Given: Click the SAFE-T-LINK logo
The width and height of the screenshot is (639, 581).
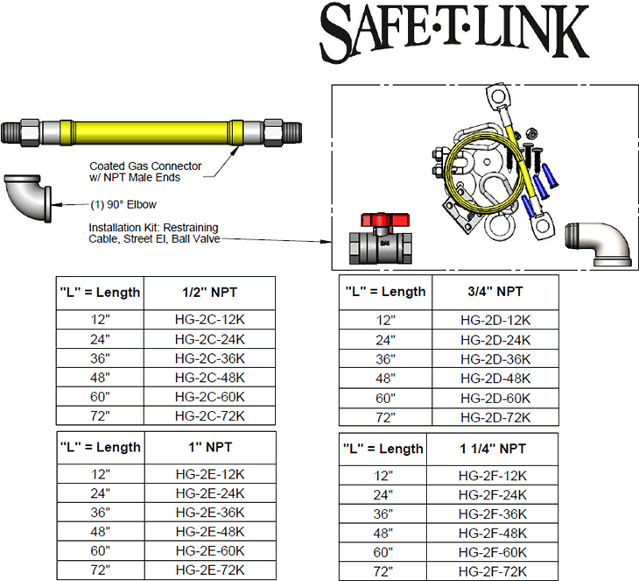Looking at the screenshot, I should [x=453, y=32].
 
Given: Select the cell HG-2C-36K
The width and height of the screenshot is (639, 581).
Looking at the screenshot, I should [x=209, y=358].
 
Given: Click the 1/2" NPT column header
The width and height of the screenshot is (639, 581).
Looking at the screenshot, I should [x=209, y=291].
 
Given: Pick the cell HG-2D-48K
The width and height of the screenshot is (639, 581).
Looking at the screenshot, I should [x=495, y=379].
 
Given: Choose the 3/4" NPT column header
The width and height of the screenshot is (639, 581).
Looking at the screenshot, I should [x=495, y=291].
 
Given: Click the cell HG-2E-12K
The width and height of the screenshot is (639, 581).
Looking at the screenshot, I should [x=210, y=474].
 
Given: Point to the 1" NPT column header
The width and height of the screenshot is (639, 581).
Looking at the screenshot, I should [x=210, y=447].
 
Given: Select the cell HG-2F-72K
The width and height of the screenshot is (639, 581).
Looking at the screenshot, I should [x=493, y=571].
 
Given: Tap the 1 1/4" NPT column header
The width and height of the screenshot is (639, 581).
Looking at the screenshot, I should [x=493, y=449].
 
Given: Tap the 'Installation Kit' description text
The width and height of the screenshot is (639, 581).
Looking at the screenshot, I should [x=155, y=233].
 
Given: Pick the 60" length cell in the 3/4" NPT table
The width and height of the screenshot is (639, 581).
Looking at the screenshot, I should [x=386, y=398].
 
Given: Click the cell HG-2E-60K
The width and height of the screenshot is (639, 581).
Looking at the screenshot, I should [x=210, y=550].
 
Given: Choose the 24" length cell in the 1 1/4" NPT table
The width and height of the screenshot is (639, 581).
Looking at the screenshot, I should [x=383, y=494].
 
